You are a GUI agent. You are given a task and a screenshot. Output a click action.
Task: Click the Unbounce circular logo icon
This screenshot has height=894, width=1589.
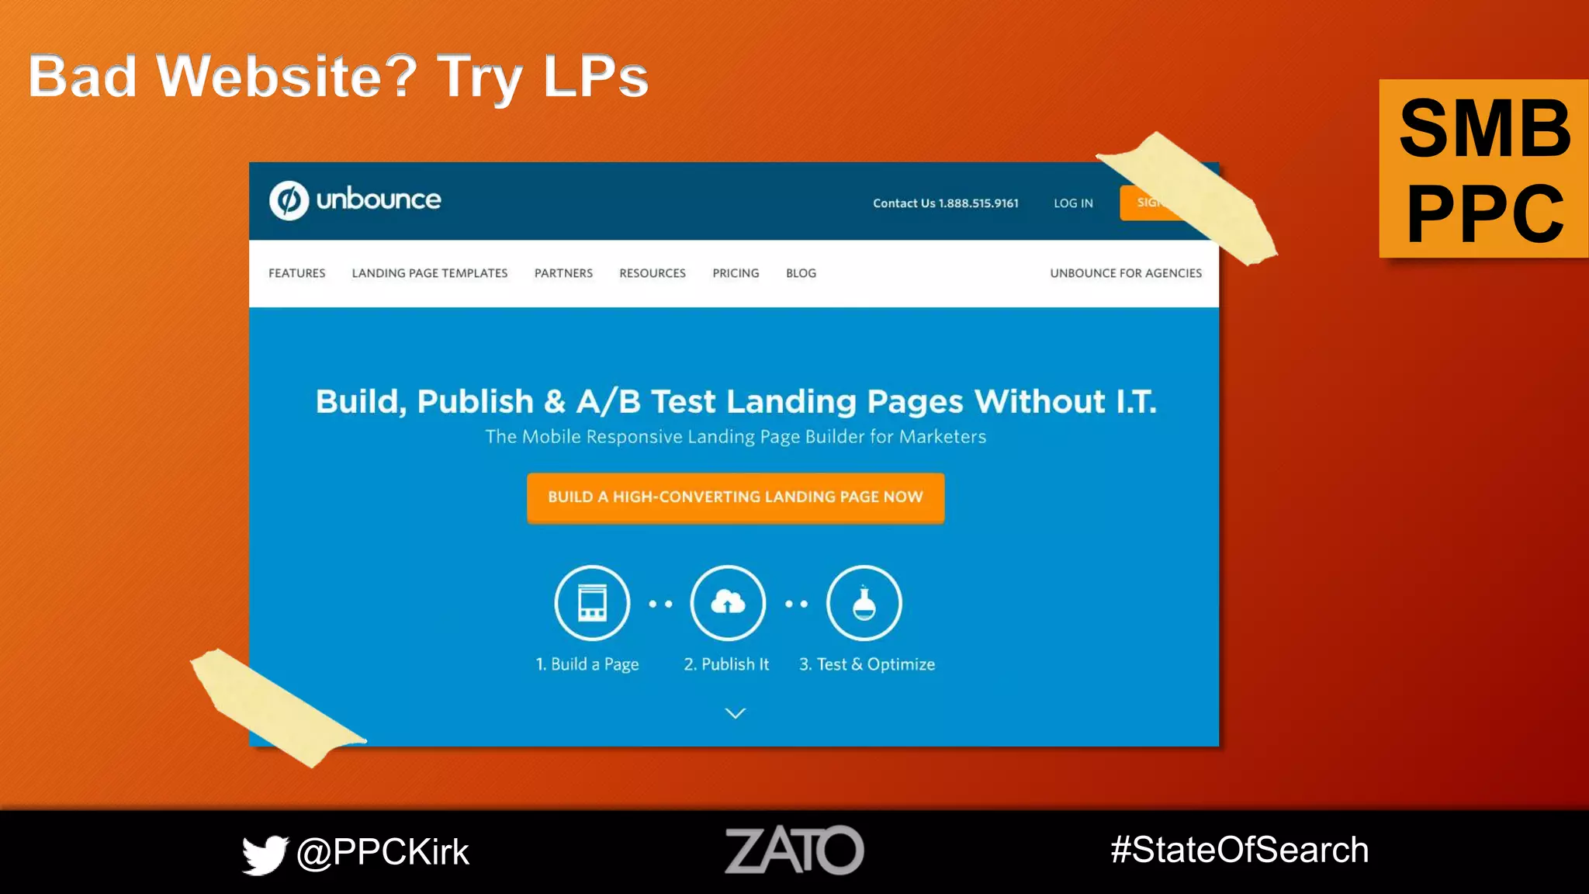(289, 200)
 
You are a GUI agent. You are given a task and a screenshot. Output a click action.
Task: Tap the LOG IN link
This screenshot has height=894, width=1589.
(1073, 203)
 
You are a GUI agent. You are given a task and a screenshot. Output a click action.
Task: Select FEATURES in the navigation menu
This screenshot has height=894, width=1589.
(296, 273)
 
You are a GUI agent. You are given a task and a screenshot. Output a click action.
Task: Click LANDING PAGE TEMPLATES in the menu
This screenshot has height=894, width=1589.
(430, 273)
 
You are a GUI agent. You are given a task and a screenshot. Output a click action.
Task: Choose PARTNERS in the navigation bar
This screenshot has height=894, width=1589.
(563, 273)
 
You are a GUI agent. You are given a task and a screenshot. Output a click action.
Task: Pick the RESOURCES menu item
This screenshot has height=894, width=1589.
(653, 273)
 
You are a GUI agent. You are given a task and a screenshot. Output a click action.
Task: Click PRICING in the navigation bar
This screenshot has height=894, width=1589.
(736, 273)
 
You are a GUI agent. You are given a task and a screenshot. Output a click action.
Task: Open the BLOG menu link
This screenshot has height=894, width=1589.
(801, 273)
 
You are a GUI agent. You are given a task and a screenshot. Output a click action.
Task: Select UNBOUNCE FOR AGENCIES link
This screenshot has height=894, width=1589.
(1126, 273)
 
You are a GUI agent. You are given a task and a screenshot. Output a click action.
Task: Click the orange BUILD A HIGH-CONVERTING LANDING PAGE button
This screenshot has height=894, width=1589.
(736, 497)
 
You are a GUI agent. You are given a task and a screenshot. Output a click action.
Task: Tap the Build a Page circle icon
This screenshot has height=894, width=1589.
(592, 603)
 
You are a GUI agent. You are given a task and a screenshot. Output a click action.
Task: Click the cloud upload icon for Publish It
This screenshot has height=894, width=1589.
(728, 603)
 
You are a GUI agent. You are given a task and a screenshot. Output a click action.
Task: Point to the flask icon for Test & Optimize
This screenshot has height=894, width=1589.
(864, 603)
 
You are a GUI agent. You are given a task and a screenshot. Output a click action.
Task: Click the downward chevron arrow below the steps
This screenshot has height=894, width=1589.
(735, 713)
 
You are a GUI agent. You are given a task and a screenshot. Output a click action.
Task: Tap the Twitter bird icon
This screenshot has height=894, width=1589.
(264, 854)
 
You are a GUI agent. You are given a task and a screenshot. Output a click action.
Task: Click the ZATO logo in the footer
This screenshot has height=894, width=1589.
(794, 851)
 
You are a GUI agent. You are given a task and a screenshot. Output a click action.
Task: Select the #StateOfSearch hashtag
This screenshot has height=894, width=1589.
(1239, 850)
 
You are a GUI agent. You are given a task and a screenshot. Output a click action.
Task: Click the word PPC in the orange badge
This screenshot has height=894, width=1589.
(1485, 213)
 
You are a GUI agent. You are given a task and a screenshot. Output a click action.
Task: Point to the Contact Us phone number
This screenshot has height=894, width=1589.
(945, 203)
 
